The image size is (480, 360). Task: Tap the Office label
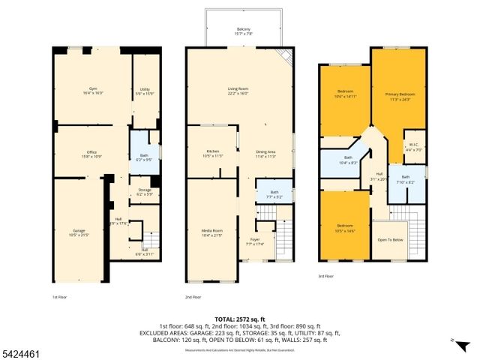click(91, 154)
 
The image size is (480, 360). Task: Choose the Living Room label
click(238, 91)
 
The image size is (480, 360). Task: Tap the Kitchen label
click(212, 153)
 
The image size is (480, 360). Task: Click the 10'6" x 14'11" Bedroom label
click(345, 94)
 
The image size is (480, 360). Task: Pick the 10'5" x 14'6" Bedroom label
click(345, 227)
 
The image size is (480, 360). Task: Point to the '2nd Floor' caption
click(194, 297)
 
